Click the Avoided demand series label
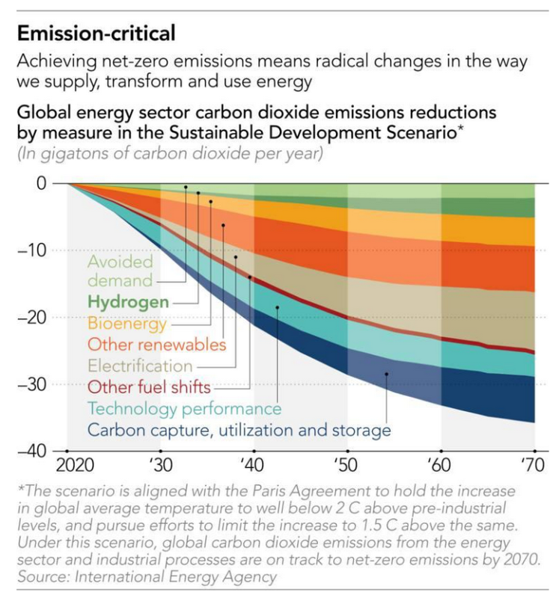(120, 271)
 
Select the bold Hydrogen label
(128, 303)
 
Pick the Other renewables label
(156, 345)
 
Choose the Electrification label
(140, 366)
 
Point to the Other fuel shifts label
(149, 388)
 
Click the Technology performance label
(184, 409)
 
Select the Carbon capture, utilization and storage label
(239, 431)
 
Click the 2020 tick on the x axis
(73, 465)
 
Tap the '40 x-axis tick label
(253, 465)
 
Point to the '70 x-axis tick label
(533, 465)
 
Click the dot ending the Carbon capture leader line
(387, 374)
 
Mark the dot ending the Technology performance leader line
(277, 307)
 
